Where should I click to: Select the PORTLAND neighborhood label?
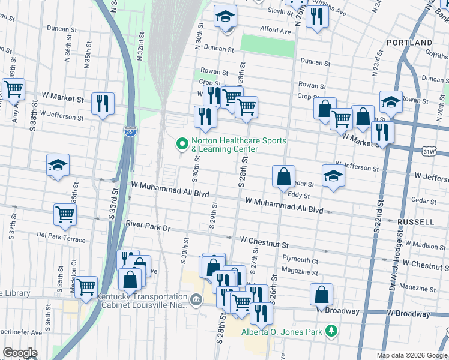point(410,43)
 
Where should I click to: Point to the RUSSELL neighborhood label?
point(415,222)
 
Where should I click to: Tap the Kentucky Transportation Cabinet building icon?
point(196,299)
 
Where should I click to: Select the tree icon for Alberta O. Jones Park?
point(330,331)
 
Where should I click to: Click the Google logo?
point(20,353)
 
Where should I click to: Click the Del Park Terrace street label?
point(61,234)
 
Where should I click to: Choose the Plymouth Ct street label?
point(301,260)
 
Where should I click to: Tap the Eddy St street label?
point(298,195)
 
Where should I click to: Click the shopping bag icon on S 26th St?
point(283,176)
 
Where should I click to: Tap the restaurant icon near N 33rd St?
point(103,103)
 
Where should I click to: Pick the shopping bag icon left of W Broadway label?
point(322,294)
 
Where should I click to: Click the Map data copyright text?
point(411,355)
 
